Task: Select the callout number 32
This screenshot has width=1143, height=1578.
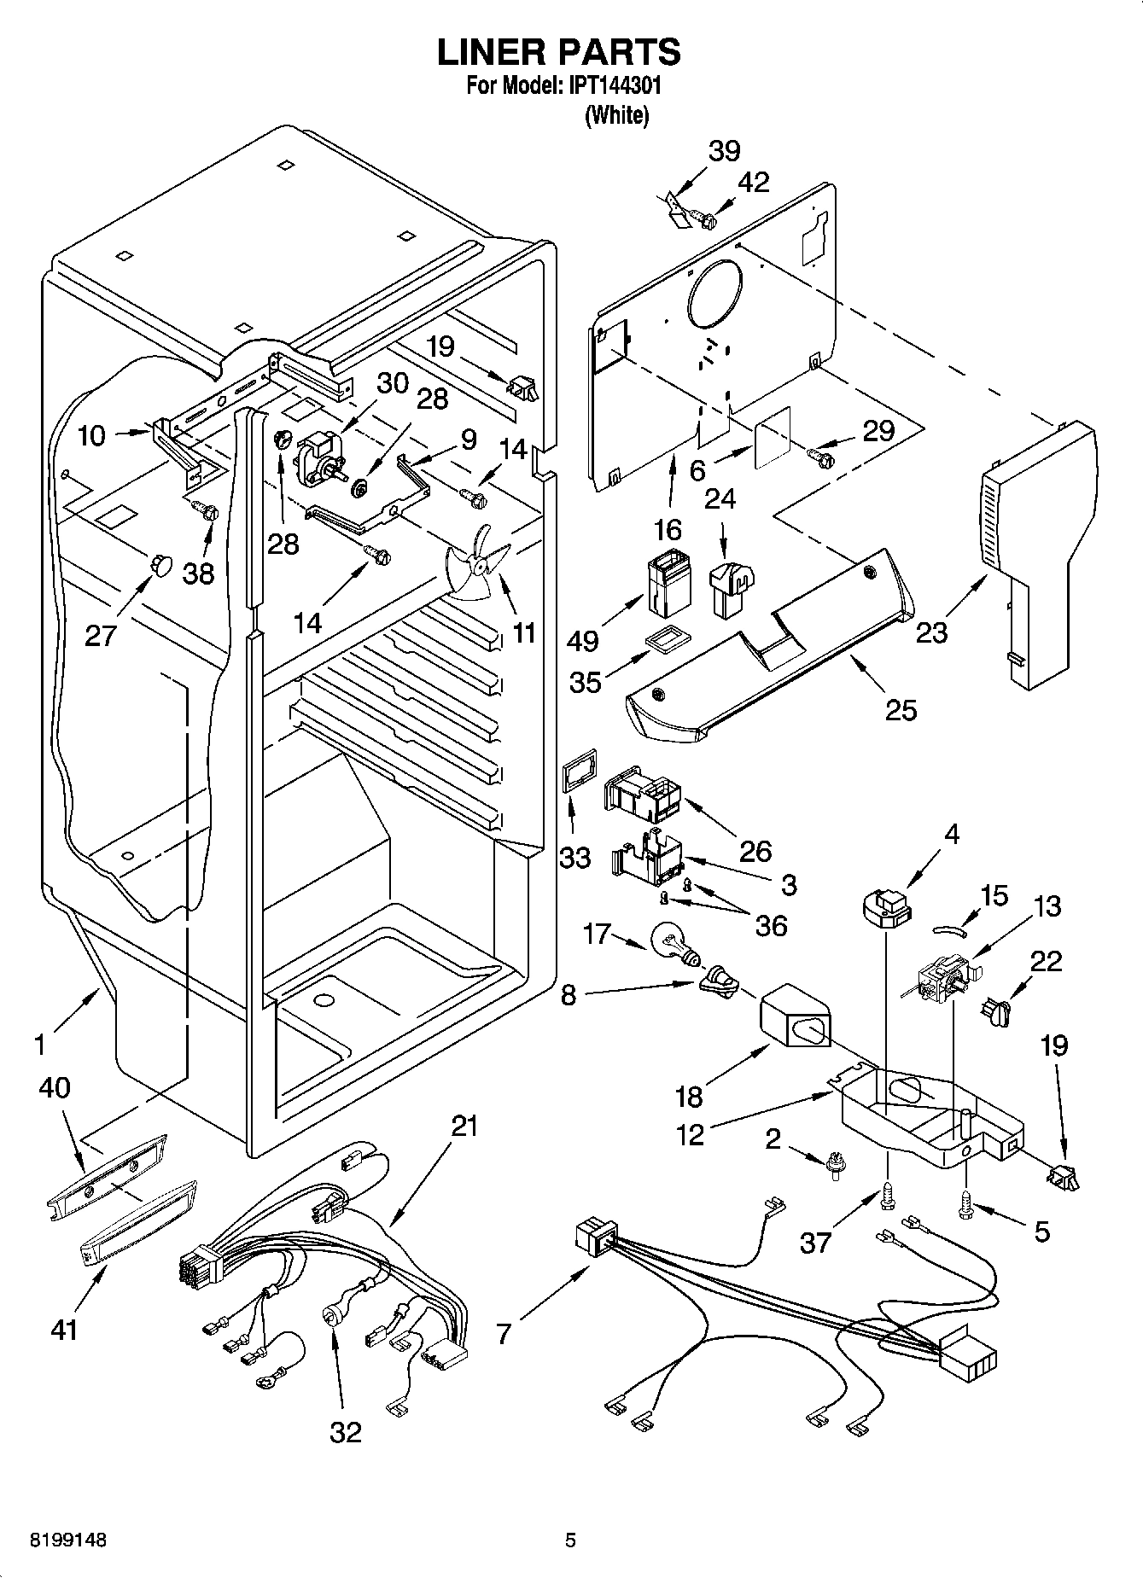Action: point(346,1431)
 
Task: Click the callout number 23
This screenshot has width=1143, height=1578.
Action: point(932,632)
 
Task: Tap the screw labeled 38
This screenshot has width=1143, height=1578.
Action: point(207,513)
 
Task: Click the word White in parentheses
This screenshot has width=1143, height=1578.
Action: point(616,116)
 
